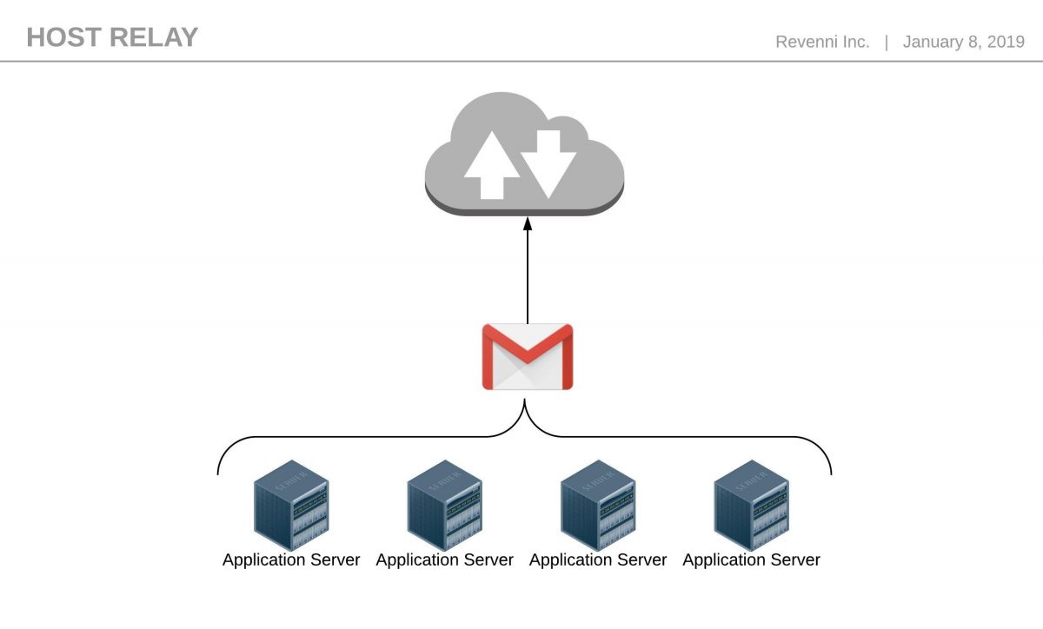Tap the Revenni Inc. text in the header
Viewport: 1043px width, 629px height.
tap(822, 42)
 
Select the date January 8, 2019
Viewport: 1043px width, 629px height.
tap(964, 42)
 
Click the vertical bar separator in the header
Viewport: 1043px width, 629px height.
tap(887, 42)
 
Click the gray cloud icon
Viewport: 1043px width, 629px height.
tap(524, 155)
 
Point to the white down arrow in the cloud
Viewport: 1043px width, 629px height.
tap(548, 161)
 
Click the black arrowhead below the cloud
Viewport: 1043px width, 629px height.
tap(528, 224)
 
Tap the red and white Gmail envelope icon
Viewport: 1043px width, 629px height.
tap(528, 356)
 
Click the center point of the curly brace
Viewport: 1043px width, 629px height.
tap(525, 408)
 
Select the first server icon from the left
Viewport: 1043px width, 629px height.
tap(291, 505)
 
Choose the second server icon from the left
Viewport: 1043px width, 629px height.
tap(444, 505)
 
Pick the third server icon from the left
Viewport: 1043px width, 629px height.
tap(598, 505)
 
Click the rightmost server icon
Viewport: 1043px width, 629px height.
tap(751, 505)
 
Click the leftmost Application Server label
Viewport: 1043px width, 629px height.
tap(291, 560)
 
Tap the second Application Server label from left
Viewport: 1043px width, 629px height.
tap(444, 560)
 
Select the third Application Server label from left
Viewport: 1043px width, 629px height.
tap(598, 560)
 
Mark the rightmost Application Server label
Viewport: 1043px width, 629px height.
tap(751, 560)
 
